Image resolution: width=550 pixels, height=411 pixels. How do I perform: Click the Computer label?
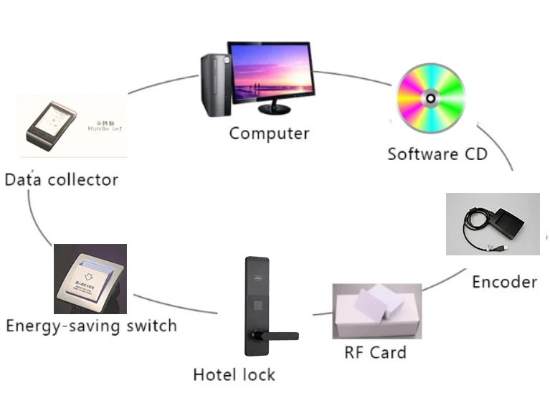269,133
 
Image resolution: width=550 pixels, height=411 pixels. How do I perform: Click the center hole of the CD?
431,98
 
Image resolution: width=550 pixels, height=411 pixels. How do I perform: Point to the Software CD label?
437,153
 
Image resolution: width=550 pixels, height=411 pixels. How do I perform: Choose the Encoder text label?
504,282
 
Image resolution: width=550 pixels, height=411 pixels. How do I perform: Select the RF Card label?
375,352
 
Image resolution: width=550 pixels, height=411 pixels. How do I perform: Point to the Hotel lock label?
234,374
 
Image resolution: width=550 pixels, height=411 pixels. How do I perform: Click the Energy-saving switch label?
91,326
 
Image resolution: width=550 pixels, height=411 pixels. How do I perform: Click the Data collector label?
61,179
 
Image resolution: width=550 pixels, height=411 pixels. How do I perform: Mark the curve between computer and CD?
355,76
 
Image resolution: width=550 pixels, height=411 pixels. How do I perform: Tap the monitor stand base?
275,110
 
